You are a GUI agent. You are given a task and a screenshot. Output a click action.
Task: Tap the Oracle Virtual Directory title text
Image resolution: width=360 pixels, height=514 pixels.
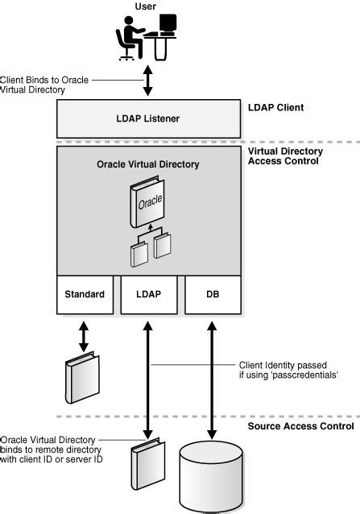pos(147,164)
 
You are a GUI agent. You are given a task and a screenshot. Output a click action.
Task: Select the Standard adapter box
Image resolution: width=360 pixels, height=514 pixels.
pos(85,294)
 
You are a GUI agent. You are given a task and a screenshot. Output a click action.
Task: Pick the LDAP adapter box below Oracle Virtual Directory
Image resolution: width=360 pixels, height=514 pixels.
pos(147,294)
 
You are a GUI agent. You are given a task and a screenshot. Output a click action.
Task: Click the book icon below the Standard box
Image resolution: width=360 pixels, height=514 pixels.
pos(81,377)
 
